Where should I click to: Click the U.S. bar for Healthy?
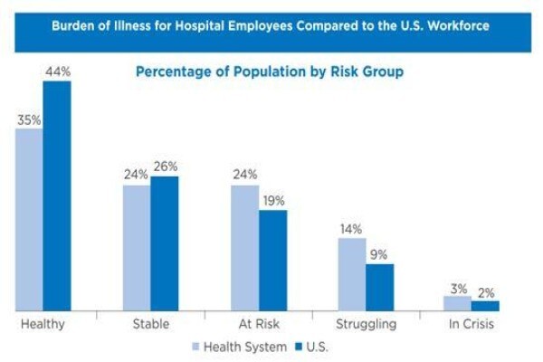[x=57, y=195]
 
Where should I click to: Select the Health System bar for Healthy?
[x=29, y=220]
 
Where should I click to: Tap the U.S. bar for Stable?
[x=165, y=243]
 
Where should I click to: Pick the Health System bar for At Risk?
[x=245, y=248]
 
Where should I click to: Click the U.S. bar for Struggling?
[x=380, y=287]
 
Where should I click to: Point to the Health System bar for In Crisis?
[x=457, y=303]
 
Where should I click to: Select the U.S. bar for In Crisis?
[x=485, y=306]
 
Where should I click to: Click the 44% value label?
[x=58, y=71]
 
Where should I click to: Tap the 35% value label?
[x=29, y=120]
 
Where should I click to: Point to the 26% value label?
[x=166, y=167]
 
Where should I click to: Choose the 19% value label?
[x=273, y=201]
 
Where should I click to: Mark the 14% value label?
[x=351, y=229]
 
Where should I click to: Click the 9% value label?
[x=378, y=255]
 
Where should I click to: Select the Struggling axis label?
[x=366, y=325]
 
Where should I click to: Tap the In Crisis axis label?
[x=472, y=324]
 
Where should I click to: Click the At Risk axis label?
[x=259, y=324]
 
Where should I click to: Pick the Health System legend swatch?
[x=195, y=347]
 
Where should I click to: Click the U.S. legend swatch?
[x=299, y=347]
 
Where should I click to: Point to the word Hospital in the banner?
[x=200, y=26]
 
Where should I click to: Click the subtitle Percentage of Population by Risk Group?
[x=270, y=71]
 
